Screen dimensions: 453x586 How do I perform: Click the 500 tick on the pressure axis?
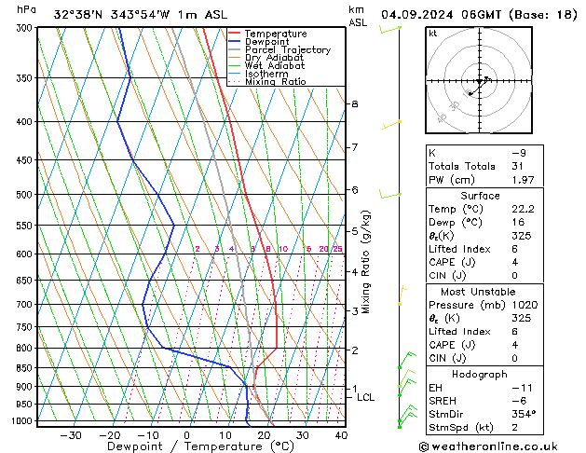click(x=23, y=195)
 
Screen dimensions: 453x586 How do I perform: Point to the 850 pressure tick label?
click(x=23, y=368)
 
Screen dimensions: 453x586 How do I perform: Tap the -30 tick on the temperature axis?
click(x=71, y=435)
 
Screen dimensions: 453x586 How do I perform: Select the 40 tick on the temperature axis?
click(x=341, y=435)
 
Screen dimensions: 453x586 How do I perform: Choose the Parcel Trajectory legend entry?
click(x=287, y=50)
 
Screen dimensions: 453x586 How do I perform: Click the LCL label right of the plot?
click(x=366, y=397)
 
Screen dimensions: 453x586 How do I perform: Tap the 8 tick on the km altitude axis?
click(x=355, y=103)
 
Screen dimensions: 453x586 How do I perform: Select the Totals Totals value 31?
click(x=518, y=166)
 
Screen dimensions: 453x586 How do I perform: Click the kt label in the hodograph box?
click(x=433, y=34)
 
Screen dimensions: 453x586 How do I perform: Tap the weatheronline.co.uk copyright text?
click(x=504, y=446)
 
